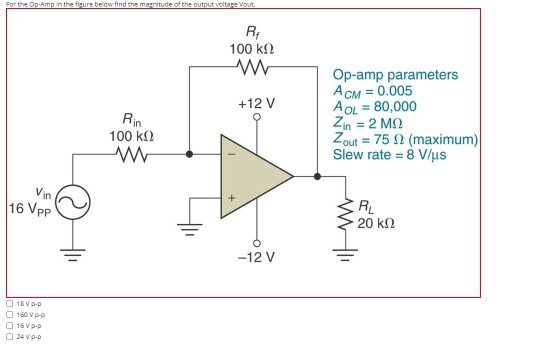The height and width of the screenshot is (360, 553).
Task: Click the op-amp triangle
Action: (x=256, y=177)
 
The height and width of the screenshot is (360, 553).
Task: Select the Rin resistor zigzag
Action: (x=133, y=155)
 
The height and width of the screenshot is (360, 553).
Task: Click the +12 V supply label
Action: (x=257, y=103)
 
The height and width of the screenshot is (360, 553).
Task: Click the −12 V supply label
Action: (x=257, y=256)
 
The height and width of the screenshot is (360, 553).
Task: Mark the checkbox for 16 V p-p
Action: (x=8, y=326)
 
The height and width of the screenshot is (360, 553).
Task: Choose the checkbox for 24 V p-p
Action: (x=8, y=337)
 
